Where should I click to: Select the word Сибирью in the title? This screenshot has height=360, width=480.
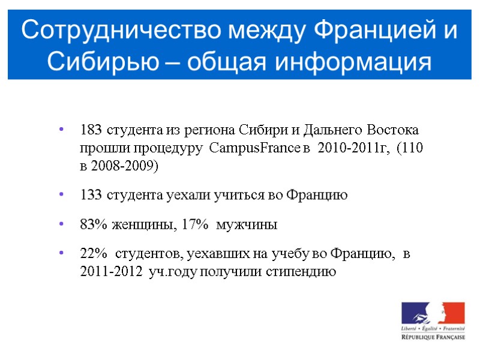tap(92, 61)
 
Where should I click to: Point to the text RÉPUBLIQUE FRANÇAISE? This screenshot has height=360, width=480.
tap(433, 338)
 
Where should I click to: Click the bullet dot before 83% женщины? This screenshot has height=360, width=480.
tap(62, 226)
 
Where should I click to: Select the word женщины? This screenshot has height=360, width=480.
tap(142, 226)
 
